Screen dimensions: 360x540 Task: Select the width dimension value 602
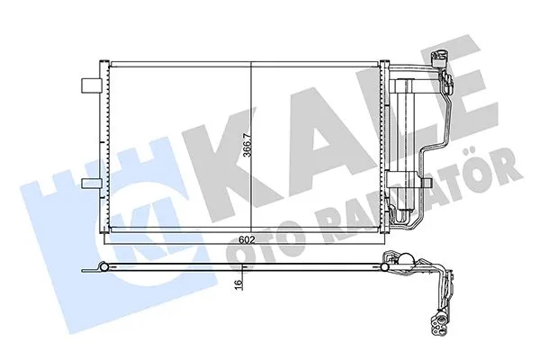(x=246, y=240)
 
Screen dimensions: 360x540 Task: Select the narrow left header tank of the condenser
(x=102, y=148)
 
